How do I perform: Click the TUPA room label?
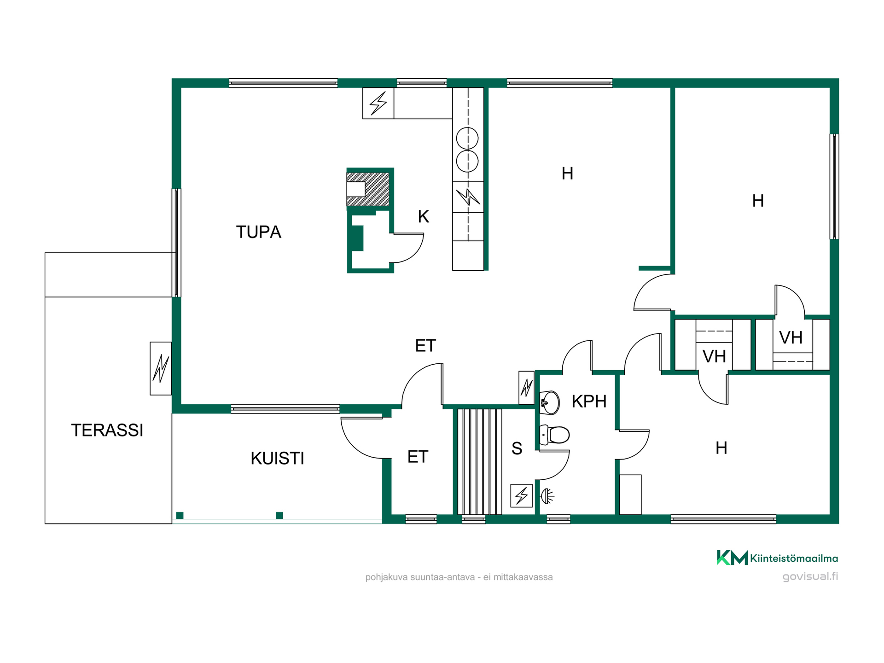[258, 232]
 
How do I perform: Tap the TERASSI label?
[107, 430]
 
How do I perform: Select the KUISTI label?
[277, 458]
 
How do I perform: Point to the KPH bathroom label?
[589, 401]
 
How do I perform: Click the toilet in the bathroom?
[554, 435]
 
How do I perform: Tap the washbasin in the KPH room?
[549, 402]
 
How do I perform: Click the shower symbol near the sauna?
[547, 496]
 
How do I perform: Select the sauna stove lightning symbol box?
[522, 495]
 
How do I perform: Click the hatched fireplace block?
[368, 189]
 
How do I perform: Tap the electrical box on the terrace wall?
[161, 368]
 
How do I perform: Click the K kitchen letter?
[424, 216]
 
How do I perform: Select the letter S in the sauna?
[517, 448]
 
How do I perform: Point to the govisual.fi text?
[810, 576]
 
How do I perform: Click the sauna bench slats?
[479, 461]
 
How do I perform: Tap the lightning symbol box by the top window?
[378, 103]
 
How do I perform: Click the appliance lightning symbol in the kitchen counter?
[468, 197]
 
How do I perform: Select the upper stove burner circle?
[467, 138]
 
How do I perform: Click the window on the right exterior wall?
[834, 186]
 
